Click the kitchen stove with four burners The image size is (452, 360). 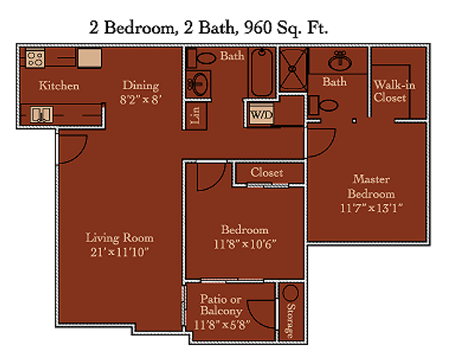(x=35, y=58)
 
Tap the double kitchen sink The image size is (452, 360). (x=42, y=114)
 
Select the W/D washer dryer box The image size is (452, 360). (x=261, y=114)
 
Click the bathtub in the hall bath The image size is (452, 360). (x=262, y=72)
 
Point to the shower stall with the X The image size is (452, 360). (x=292, y=69)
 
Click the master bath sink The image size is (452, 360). (x=340, y=61)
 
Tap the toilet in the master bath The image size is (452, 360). (x=323, y=105)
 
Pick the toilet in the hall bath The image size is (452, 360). (x=201, y=58)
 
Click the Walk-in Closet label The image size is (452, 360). (x=394, y=91)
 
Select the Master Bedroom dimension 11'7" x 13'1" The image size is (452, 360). (x=371, y=208)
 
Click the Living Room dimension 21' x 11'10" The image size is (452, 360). (x=120, y=252)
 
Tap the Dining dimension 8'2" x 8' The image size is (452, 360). (x=141, y=100)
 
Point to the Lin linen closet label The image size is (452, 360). (x=195, y=115)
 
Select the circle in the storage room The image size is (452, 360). (x=291, y=293)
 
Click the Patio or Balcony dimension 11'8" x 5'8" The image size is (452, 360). (x=222, y=325)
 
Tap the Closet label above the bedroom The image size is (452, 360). (x=267, y=172)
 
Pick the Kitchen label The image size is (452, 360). (x=59, y=85)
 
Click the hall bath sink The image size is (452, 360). (x=199, y=84)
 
